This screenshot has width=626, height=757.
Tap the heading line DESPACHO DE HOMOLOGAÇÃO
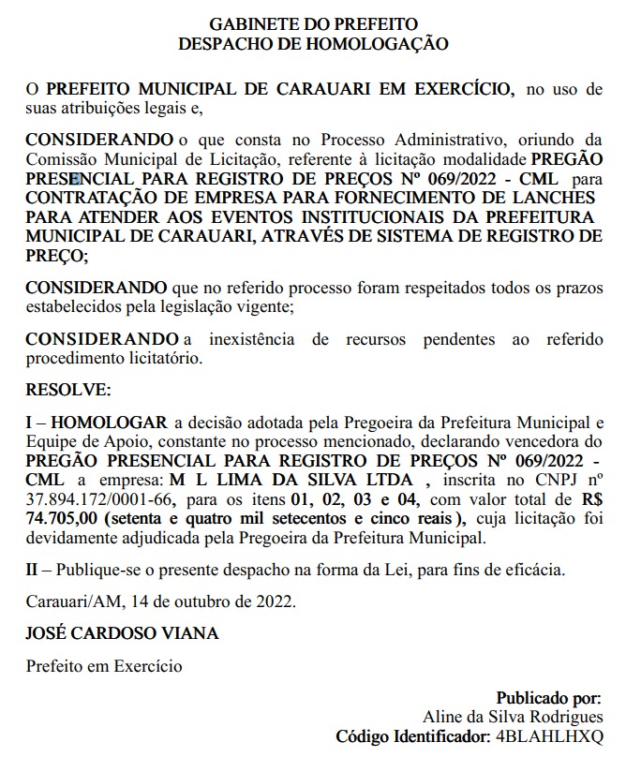point(313,42)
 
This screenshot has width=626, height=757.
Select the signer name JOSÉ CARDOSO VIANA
point(122,633)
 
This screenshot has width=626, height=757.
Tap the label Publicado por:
point(548,698)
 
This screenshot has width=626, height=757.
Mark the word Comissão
point(61,159)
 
